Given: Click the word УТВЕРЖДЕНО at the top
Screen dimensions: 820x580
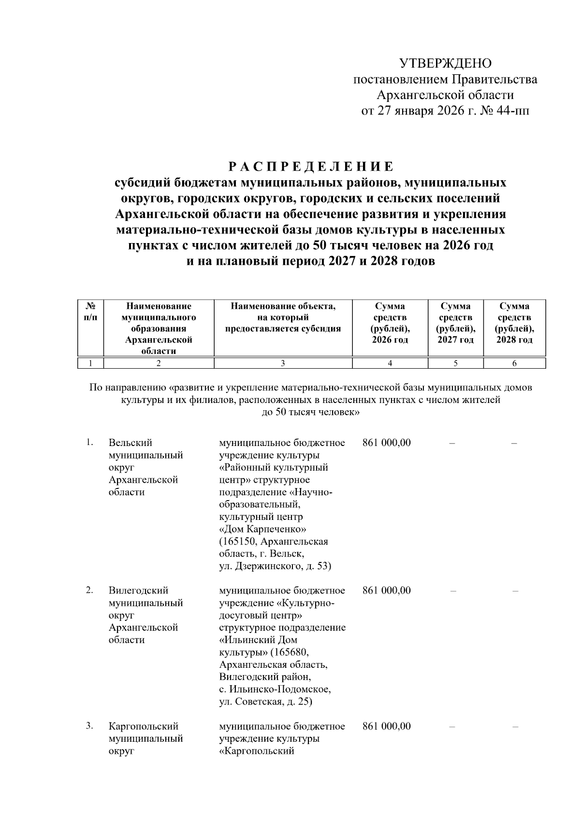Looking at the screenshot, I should point(445,63).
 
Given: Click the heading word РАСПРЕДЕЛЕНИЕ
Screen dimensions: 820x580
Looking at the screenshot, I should point(311,167).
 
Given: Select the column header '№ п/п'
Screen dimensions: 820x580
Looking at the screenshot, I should point(90,311).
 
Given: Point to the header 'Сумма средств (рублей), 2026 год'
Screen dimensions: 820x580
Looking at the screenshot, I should point(390,323).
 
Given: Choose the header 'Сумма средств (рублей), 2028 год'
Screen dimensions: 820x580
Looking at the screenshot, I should point(514,323).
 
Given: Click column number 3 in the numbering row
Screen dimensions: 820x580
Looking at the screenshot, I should point(283,363).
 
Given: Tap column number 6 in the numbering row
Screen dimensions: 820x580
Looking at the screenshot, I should point(514,363).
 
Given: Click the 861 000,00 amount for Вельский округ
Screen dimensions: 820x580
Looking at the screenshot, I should point(386,443).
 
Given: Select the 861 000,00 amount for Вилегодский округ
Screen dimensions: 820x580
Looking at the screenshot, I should point(386,590).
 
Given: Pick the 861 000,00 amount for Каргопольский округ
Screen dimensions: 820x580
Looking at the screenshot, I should point(386,726).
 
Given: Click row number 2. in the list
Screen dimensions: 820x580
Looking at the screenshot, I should point(89,590).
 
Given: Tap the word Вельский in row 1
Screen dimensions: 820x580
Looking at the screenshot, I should point(130,443).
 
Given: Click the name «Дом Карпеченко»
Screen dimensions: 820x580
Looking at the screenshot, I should point(262,529).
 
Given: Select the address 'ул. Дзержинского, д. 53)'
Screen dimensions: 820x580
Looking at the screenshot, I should point(275,566).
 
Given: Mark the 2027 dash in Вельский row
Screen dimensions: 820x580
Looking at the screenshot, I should point(452,443).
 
